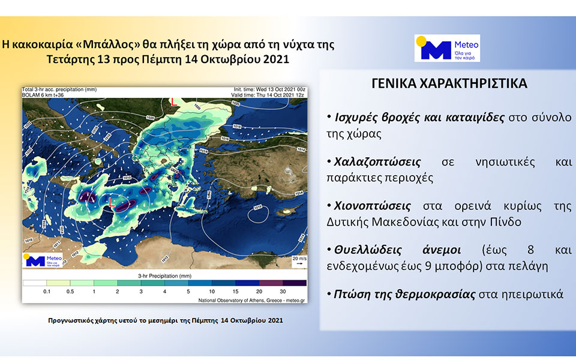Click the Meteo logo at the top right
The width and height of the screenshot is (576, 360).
[x=447, y=48]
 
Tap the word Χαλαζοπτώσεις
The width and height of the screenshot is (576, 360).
[x=374, y=163]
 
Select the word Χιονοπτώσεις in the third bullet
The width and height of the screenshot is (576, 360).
[x=369, y=206]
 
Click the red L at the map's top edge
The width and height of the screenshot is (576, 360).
[x=174, y=103]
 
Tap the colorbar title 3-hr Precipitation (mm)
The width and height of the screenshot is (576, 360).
[x=164, y=275]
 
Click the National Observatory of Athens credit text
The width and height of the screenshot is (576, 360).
[x=251, y=299]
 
